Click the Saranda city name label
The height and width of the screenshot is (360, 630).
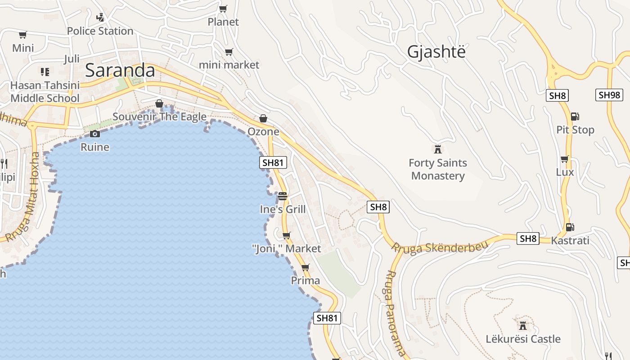click(x=120, y=71)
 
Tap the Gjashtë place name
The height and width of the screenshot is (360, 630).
click(x=436, y=52)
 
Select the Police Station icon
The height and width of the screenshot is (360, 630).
click(x=100, y=18)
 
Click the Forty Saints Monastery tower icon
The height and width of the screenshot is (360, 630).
click(x=437, y=149)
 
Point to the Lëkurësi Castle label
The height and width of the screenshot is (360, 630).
click(x=523, y=339)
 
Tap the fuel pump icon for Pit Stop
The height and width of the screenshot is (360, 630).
click(x=575, y=116)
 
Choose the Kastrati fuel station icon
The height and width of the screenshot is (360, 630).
click(x=570, y=227)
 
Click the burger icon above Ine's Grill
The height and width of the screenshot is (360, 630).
click(x=283, y=196)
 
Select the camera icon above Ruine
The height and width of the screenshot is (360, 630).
click(x=94, y=134)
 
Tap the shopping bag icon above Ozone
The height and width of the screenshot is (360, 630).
click(x=263, y=118)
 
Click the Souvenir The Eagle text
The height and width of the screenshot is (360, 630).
click(x=159, y=117)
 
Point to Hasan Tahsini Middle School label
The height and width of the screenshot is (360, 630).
click(x=45, y=92)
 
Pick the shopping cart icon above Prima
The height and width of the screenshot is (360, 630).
click(x=306, y=267)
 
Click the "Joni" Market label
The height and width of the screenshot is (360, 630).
click(x=286, y=248)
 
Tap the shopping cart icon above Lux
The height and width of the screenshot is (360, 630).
click(x=565, y=159)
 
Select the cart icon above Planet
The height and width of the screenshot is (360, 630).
click(x=223, y=9)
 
